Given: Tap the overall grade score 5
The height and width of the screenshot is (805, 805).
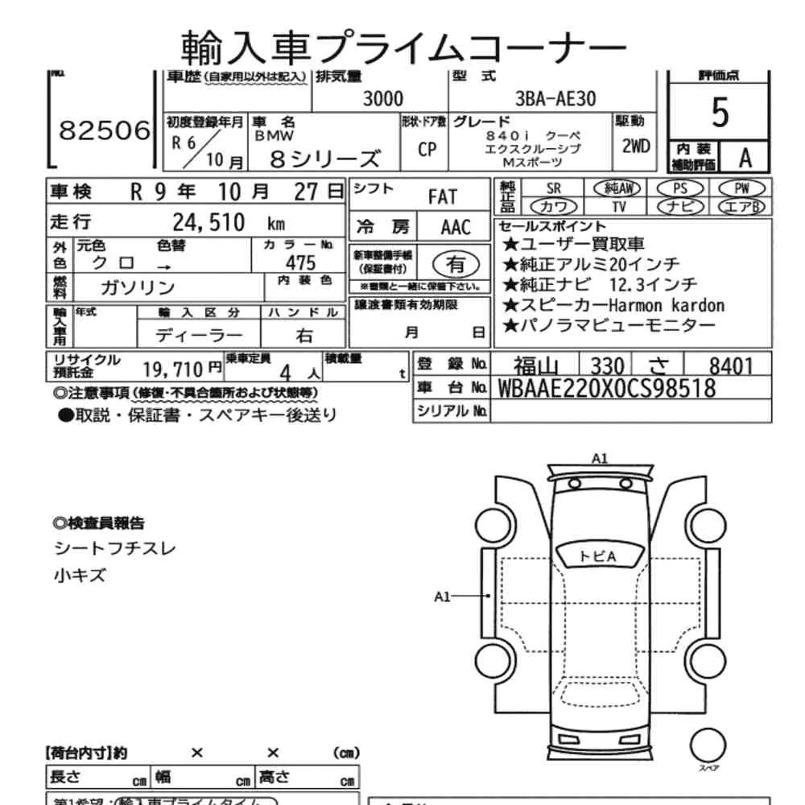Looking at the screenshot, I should [x=720, y=114].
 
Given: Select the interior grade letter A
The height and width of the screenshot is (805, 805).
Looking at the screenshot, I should [x=745, y=158].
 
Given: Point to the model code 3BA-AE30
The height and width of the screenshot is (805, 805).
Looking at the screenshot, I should [x=555, y=100].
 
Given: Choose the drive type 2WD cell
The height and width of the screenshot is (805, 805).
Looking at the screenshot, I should [x=636, y=147].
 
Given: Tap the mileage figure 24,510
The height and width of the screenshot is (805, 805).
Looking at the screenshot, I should [x=209, y=222].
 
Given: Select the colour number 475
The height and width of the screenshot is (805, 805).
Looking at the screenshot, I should [x=300, y=262].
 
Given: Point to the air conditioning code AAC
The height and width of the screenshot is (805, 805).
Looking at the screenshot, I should [x=455, y=226].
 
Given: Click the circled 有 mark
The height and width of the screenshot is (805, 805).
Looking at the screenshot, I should [x=456, y=263].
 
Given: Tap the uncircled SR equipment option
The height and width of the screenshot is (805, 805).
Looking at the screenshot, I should [x=554, y=188].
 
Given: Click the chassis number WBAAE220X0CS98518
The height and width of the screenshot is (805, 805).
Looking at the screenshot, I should [x=606, y=388].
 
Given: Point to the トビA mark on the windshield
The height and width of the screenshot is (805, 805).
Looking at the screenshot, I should [x=597, y=556].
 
